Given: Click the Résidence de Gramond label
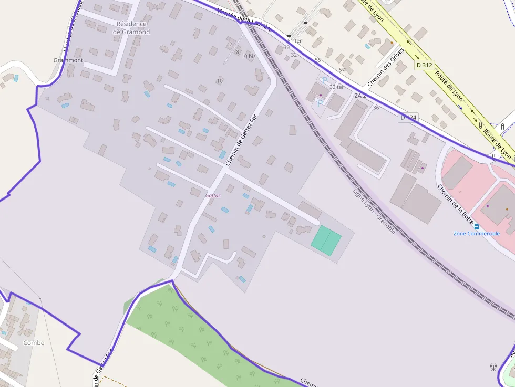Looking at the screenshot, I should click(131, 28).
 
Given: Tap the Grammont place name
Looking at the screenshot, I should click(68, 60).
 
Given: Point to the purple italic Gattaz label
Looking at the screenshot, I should click(213, 195).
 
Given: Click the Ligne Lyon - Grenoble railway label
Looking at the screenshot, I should click(374, 211).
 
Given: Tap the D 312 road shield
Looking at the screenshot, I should click(425, 65).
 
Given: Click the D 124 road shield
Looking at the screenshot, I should click(408, 118).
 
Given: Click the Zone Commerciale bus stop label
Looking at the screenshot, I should click(477, 233).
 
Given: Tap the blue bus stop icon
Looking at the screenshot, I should click(477, 227).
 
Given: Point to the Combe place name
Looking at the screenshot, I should click(34, 343).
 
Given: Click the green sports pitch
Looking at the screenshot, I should click(326, 241).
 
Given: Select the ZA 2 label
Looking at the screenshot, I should click(359, 96).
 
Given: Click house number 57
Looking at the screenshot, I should click(342, 70).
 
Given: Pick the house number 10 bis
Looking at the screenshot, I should click(249, 56).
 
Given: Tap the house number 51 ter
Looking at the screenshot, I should click(294, 41).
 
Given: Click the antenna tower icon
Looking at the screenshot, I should click(493, 367).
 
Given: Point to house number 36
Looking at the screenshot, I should click(376, 108).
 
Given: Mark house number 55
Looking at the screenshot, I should click(317, 60).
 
